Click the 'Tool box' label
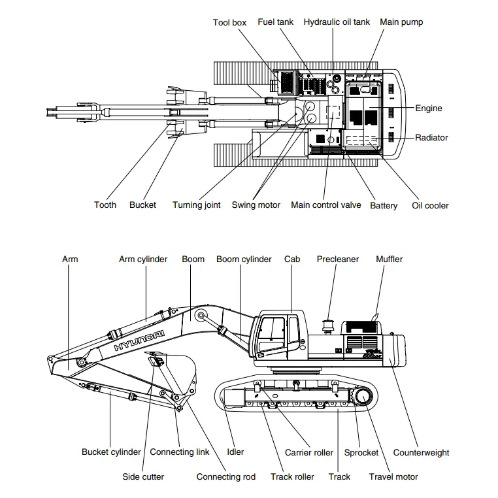[229, 23]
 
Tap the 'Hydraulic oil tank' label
[336, 22]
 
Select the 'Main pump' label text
[401, 22]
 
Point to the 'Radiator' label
[431, 138]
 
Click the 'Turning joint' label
[196, 205]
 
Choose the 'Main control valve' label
[325, 205]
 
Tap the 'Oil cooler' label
[430, 206]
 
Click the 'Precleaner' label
[338, 259]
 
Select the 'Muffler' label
[389, 259]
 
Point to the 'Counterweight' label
[421, 452]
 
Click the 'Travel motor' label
[393, 477]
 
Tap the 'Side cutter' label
[143, 477]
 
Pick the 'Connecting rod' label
[226, 477]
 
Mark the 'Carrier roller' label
[308, 452]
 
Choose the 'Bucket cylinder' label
[111, 452]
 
